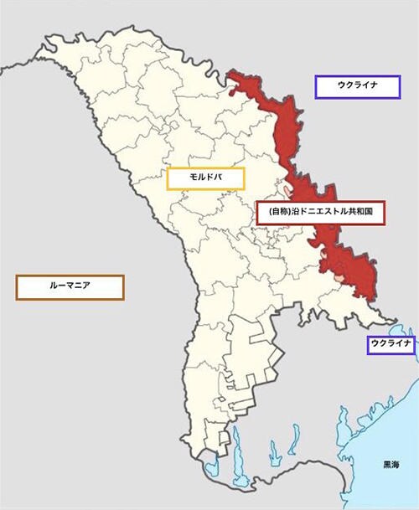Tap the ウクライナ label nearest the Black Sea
pos(391,344)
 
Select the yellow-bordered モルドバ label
pos(205,178)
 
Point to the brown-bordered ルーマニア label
pos(70,287)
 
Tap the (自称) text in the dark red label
pos(280,214)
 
